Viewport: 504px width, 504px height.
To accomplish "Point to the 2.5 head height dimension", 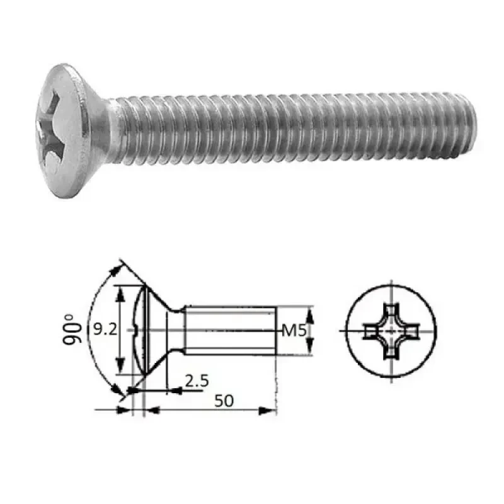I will (197, 381).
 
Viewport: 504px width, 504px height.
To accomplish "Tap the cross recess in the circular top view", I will (391, 329).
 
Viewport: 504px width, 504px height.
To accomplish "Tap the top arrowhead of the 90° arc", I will (115, 270).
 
